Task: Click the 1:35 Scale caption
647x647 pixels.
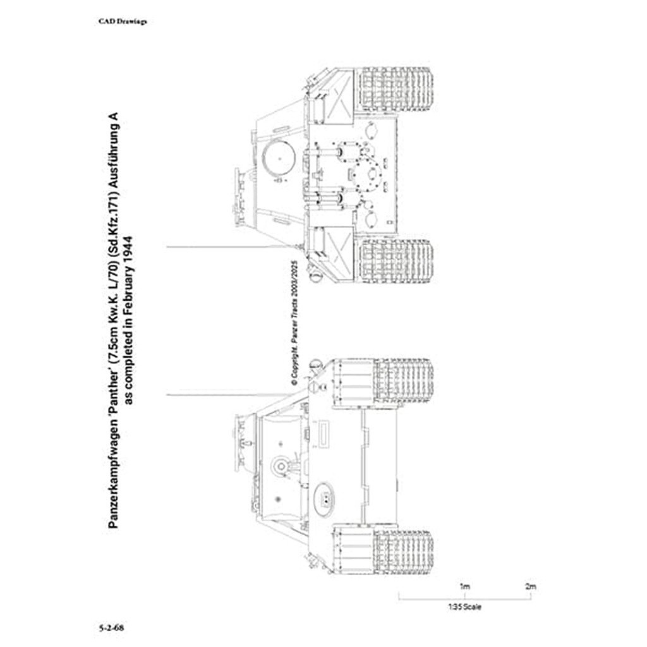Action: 464,608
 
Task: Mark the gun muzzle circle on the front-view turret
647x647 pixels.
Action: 279,466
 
